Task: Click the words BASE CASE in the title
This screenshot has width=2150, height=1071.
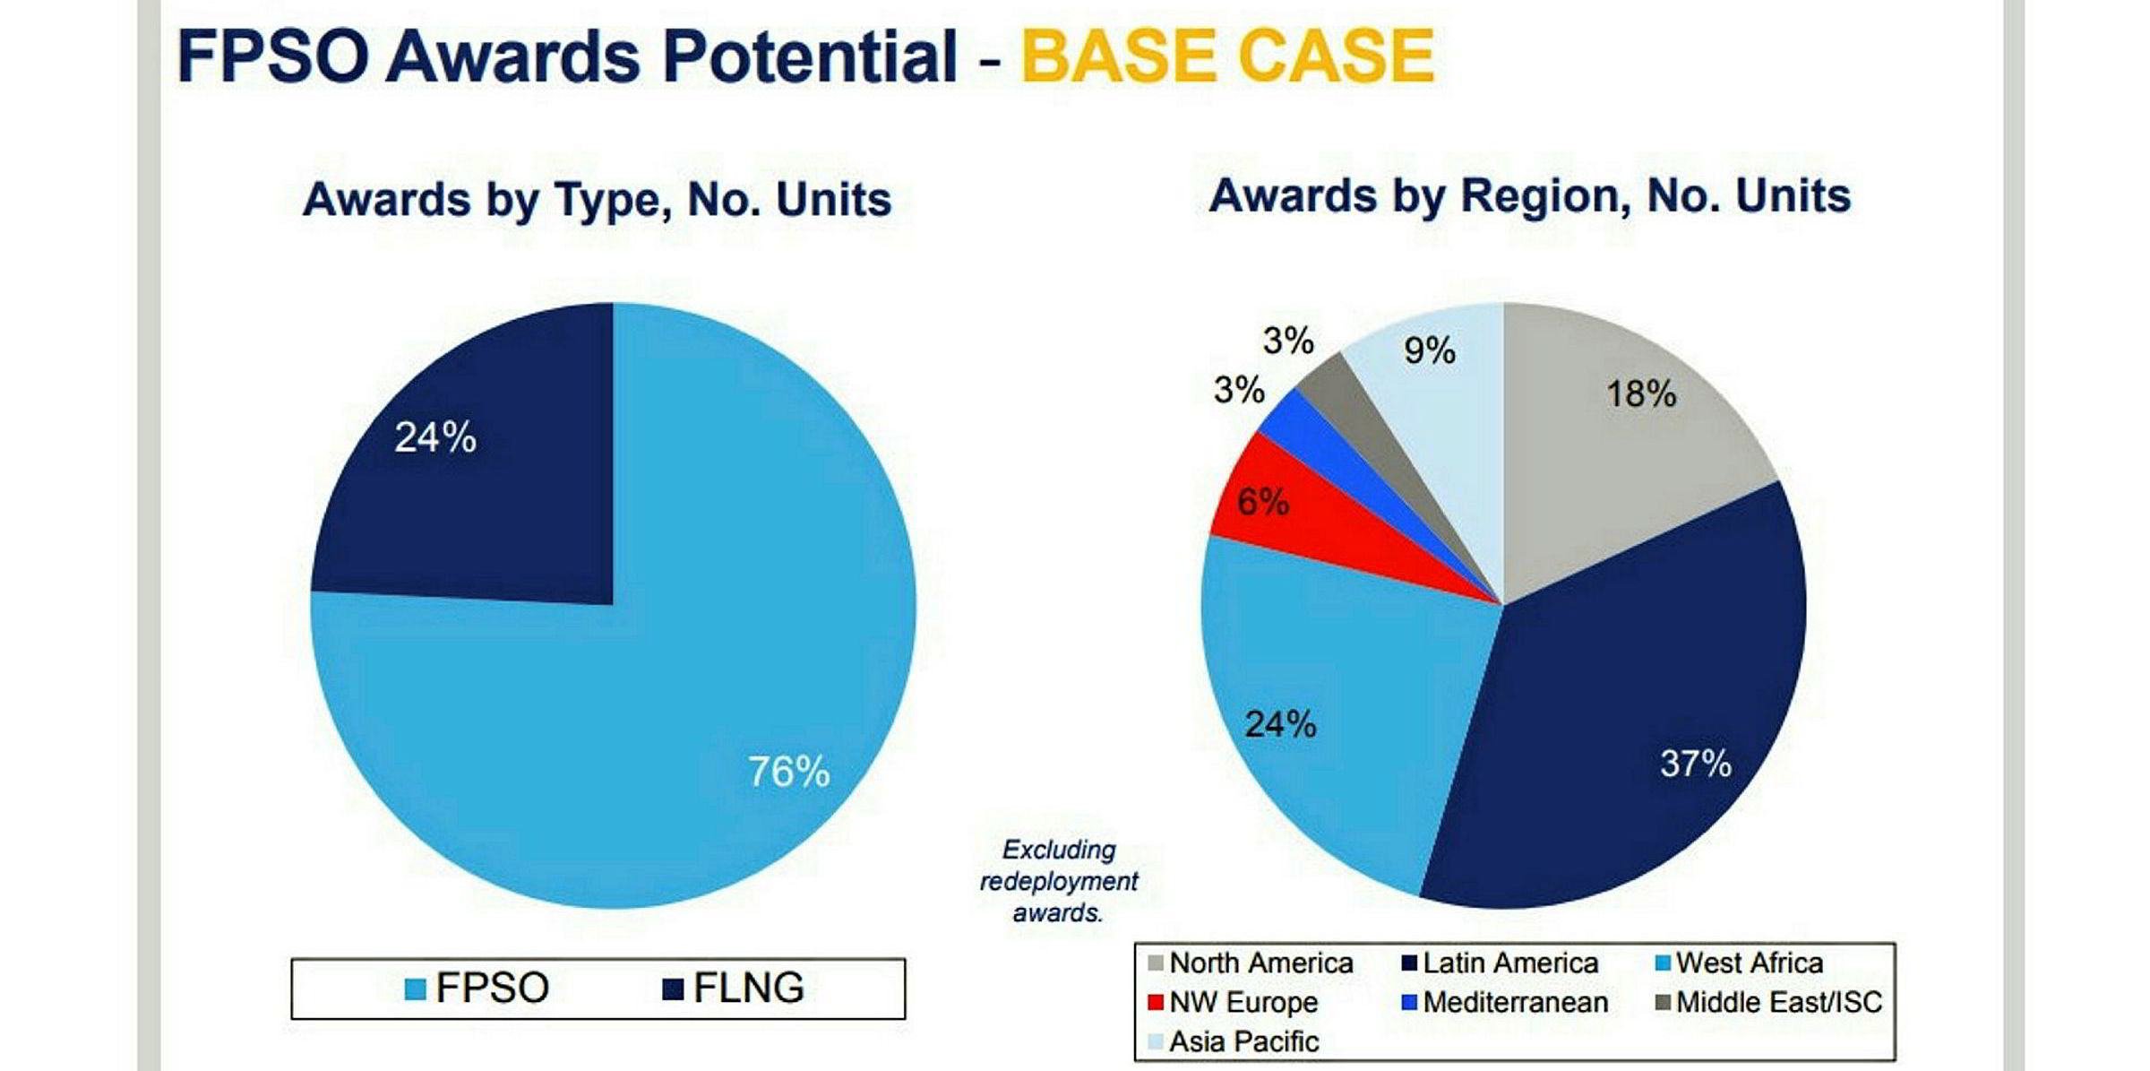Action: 1227,56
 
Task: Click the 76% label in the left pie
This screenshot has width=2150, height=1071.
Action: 788,772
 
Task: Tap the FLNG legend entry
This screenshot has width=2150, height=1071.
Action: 734,988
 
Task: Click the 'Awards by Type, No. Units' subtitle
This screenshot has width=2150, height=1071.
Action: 598,199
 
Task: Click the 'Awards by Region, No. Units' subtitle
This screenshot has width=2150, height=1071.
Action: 1529,195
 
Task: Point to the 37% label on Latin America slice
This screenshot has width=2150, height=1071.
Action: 1695,764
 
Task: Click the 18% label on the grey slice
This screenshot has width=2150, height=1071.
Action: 1640,393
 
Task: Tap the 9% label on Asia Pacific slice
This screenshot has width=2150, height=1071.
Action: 1429,350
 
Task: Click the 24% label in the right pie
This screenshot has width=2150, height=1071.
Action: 1280,723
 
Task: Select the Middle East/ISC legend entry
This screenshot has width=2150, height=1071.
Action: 1769,1002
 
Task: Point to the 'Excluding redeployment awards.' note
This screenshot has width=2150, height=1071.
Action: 1058,881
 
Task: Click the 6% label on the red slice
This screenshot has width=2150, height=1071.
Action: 1262,502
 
